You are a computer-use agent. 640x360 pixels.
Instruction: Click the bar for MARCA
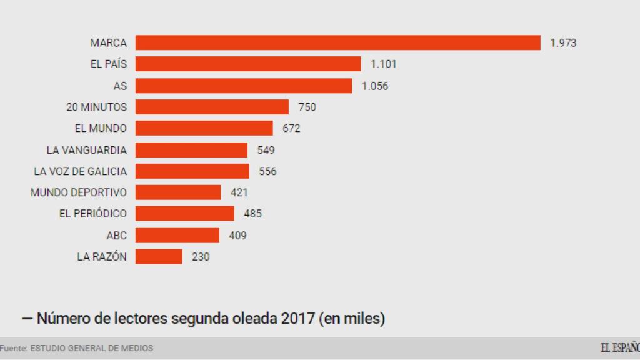click(337, 42)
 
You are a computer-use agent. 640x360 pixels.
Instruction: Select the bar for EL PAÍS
click(248, 64)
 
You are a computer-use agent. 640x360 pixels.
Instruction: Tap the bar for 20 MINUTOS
click(212, 107)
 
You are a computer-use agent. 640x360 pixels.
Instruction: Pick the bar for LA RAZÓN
click(159, 256)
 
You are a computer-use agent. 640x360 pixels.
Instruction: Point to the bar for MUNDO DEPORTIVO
click(178, 192)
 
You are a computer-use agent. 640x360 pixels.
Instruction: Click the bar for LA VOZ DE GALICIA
click(192, 171)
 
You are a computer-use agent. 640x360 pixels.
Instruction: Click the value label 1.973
click(563, 43)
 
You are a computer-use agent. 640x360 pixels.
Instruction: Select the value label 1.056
click(375, 86)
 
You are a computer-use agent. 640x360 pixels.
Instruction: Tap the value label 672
click(291, 129)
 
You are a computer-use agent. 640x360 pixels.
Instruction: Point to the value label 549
click(266, 150)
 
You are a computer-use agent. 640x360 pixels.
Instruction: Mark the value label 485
click(252, 214)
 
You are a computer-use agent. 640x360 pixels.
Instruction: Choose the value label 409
click(237, 236)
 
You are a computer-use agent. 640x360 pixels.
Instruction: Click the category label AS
click(120, 86)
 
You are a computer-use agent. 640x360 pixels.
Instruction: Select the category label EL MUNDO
click(100, 129)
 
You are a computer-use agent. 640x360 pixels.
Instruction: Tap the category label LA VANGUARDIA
click(86, 150)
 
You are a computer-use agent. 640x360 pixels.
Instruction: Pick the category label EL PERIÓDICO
click(92, 214)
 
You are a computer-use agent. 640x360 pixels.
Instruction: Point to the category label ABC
click(116, 236)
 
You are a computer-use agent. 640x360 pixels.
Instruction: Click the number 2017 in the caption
click(297, 319)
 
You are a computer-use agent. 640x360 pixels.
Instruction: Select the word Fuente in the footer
click(12, 348)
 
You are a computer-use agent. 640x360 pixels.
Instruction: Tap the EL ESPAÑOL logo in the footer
click(620, 348)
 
